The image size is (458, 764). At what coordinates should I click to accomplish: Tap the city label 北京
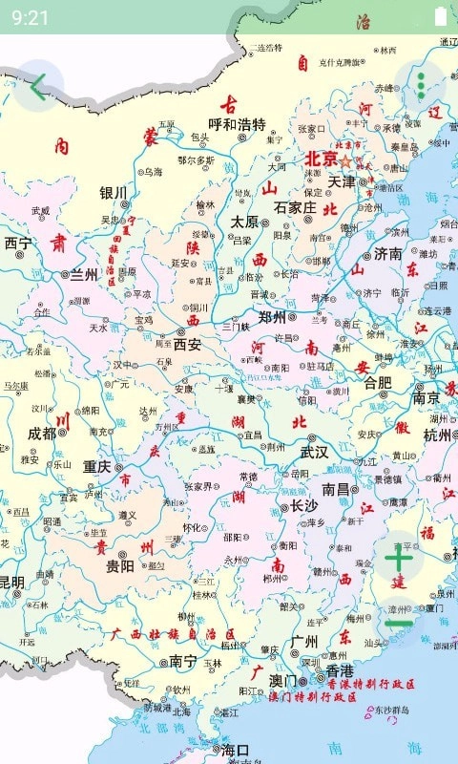[x=322, y=159]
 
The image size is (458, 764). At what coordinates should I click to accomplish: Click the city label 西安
[x=187, y=344]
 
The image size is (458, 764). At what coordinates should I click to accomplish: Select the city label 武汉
[x=314, y=452]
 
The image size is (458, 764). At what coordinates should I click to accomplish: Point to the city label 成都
[x=41, y=432]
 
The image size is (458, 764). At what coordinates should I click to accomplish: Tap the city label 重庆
[x=96, y=467]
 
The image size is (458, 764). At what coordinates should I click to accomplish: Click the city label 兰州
[x=84, y=274]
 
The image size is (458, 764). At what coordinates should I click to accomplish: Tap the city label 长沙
[x=303, y=505]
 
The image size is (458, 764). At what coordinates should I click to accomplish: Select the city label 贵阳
[x=119, y=564]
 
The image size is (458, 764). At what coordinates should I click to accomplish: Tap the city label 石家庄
[x=294, y=207]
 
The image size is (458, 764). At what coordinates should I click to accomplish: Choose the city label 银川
[x=113, y=193]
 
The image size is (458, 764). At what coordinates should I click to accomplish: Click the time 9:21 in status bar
[x=31, y=17]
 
